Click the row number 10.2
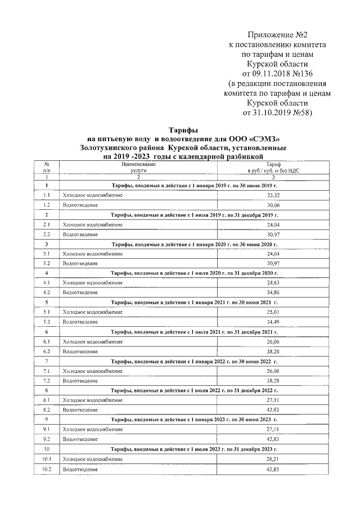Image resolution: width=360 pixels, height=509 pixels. click(47, 469)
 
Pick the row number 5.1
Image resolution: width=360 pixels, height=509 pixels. click(47, 312)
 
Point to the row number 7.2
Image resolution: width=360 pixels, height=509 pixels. click(47, 381)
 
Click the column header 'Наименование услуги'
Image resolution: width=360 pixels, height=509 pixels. click(138, 166)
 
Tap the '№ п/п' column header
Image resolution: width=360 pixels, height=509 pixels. click(47, 166)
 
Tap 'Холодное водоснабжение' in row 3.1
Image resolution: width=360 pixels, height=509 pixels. click(92, 253)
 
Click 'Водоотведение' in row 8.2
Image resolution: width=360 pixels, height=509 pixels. click(80, 410)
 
